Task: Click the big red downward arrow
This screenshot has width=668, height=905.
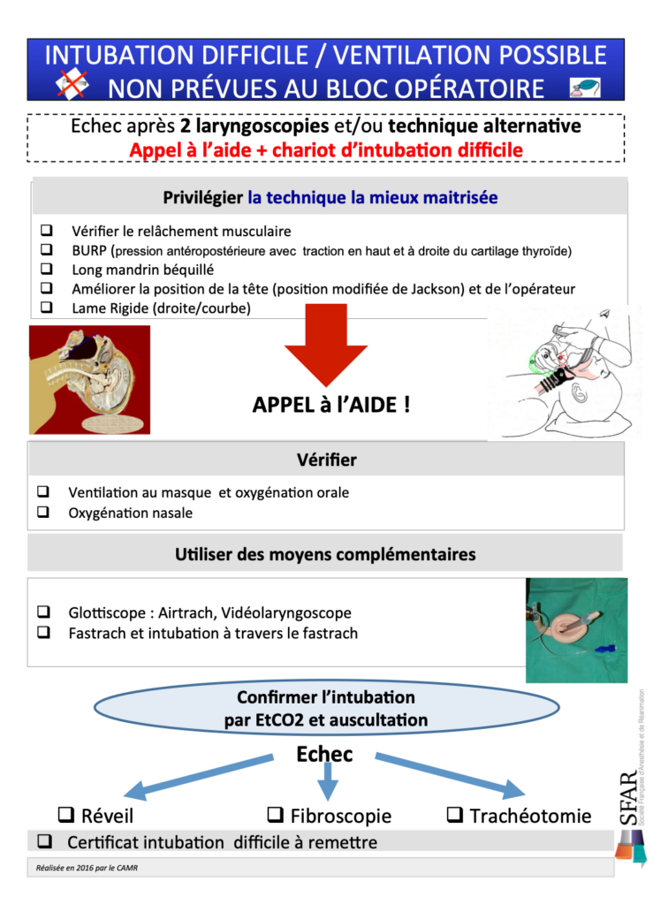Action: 325,345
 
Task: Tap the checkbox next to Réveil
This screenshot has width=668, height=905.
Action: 65,814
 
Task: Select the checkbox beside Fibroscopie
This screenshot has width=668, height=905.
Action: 275,814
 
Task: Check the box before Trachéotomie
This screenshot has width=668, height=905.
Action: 455,814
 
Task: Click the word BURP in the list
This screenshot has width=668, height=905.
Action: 89,251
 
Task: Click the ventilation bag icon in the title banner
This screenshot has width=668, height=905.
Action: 585,87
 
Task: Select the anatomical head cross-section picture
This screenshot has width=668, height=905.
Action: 90,380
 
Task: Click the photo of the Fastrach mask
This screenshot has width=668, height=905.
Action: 576,630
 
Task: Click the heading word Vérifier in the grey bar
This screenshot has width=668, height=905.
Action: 327,460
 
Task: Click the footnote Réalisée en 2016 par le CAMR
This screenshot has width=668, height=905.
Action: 83,867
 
